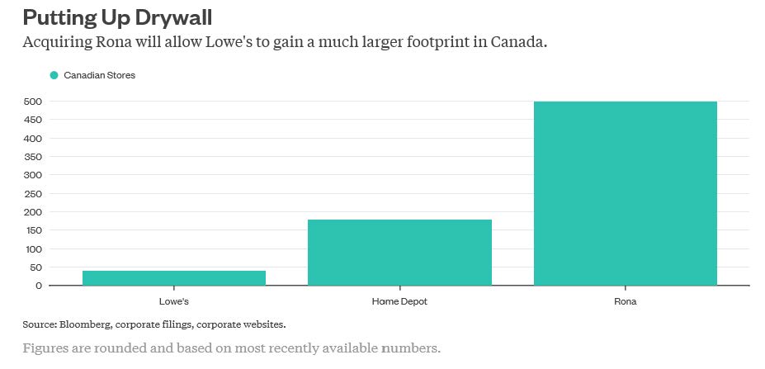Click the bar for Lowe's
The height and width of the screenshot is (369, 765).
(x=174, y=278)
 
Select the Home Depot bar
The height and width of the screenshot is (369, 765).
(x=399, y=253)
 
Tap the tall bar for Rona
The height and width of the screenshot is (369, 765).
(x=626, y=193)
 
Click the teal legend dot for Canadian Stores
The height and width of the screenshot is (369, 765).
(x=54, y=75)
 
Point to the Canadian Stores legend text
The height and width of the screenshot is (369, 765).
(x=99, y=75)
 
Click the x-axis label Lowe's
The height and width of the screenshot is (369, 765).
(x=174, y=302)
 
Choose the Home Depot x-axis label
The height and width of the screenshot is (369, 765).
(x=399, y=302)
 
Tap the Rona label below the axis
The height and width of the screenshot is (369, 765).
(x=626, y=302)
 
